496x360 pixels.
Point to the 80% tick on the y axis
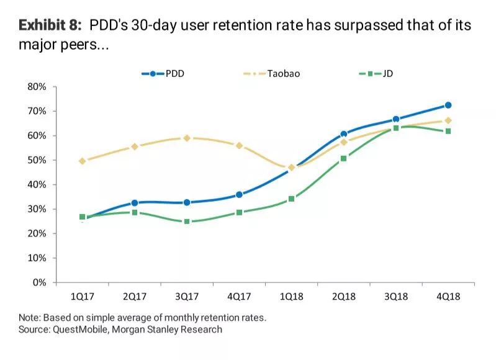38,87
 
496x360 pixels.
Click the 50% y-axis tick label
38,160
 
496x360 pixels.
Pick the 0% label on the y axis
40,282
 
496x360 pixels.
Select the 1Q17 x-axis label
83,296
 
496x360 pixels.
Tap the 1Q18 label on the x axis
291,296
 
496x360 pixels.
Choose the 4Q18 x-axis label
448,296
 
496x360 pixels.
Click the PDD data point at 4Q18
448,106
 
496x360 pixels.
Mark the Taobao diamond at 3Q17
187,138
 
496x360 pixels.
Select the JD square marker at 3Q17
187,222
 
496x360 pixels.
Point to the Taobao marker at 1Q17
83,161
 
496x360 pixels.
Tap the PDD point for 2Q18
343,134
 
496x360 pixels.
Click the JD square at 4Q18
448,131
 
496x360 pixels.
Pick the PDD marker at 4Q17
239,195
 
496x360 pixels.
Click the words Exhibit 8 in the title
50,25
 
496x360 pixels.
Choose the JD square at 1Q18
291,199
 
